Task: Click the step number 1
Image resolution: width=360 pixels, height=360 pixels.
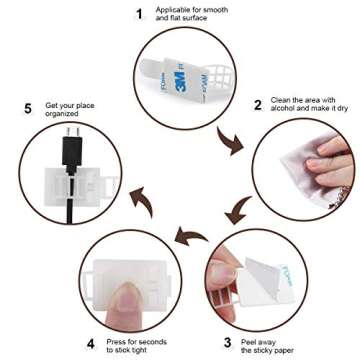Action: pyautogui.click(x=140, y=13)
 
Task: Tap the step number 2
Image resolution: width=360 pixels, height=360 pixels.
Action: pyautogui.click(x=257, y=104)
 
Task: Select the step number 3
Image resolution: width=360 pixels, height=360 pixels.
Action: pyautogui.click(x=227, y=341)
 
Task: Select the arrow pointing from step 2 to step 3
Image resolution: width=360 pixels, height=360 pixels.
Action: pyautogui.click(x=237, y=211)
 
